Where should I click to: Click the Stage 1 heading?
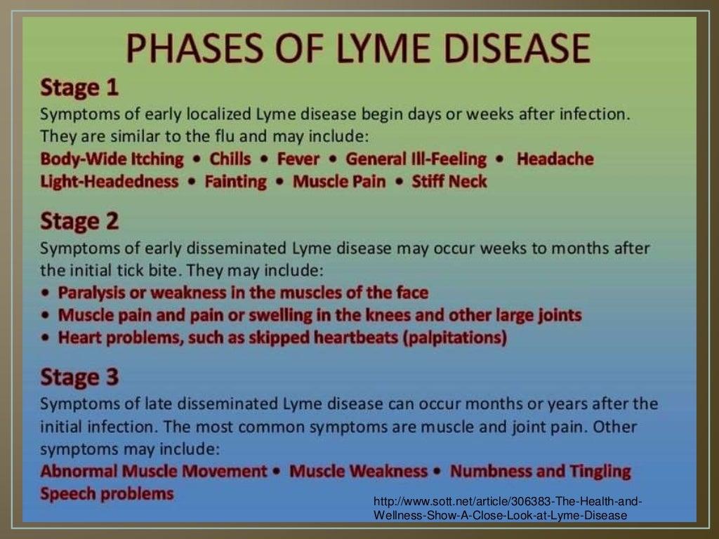[79, 88]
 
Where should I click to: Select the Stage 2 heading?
[79, 221]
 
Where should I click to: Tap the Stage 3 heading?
[79, 378]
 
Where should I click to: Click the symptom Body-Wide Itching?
[112, 159]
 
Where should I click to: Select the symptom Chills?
[230, 159]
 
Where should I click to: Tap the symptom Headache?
[555, 159]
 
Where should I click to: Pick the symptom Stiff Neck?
[449, 182]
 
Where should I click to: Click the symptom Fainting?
[236, 182]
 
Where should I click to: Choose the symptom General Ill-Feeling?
[416, 159]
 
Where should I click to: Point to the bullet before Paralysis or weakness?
[46, 293]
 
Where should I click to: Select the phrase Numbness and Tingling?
[541, 471]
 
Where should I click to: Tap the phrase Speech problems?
[107, 493]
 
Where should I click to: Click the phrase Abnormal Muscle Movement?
[154, 471]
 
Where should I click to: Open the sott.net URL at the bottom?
[507, 508]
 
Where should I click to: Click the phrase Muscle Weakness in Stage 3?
[359, 471]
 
